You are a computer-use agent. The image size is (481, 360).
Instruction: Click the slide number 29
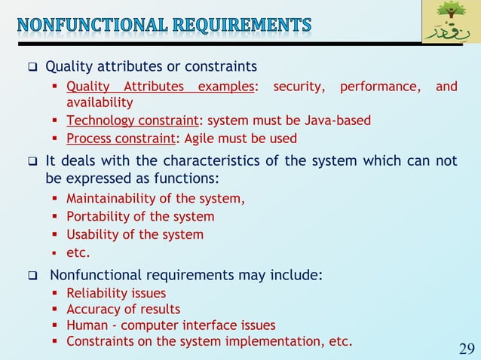pyautogui.click(x=466, y=348)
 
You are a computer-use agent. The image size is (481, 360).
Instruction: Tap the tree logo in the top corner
pyautogui.click(x=450, y=23)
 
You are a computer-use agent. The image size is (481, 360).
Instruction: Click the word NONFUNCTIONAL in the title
pyautogui.click(x=88, y=25)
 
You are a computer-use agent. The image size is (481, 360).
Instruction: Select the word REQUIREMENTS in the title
pyautogui.click(x=240, y=25)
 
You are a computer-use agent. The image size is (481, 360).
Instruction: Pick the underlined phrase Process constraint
pyautogui.click(x=121, y=139)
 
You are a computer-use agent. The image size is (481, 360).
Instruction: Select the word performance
pyautogui.click(x=379, y=87)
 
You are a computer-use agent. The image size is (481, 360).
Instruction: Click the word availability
pyautogui.click(x=100, y=102)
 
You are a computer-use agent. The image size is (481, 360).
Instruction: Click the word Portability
pyautogui.click(x=97, y=217)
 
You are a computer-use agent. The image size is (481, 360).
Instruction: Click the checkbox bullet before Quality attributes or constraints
pyautogui.click(x=33, y=68)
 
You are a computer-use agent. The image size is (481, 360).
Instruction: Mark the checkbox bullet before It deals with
pyautogui.click(x=33, y=163)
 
